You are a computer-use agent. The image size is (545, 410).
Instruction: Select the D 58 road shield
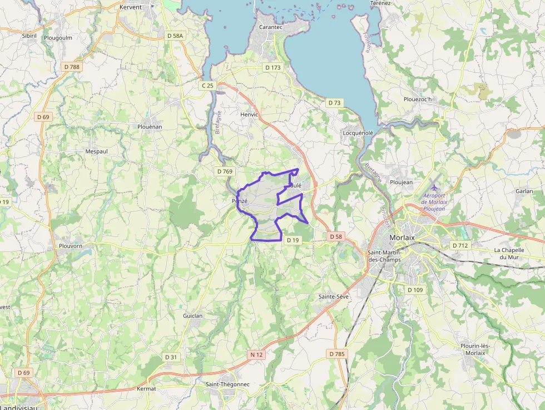pos(335,236)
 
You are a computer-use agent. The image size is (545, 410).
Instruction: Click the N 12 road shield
pos(256,354)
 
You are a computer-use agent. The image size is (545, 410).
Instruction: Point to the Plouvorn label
pos(71,245)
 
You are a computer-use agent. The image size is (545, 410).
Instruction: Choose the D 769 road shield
pos(224,171)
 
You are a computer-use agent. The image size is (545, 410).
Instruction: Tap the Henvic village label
pos(249,115)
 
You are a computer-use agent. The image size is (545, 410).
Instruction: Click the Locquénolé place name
pos(358,133)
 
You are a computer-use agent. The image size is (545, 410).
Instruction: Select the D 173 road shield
pos(273,67)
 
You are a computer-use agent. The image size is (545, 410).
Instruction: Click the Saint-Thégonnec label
pos(227,384)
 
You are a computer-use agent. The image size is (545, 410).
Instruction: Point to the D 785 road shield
pos(336,354)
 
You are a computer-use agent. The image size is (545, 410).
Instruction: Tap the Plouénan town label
pos(150,126)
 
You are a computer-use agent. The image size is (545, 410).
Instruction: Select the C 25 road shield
pos(207,85)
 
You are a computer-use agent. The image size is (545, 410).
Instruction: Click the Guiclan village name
pos(193,315)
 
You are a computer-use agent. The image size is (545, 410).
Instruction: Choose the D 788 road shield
pos(72,67)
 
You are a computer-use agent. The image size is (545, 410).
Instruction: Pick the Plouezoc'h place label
pos(417,99)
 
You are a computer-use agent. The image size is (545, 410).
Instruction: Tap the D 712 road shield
pos(460,245)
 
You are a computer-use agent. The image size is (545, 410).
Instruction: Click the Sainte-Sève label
pos(334,297)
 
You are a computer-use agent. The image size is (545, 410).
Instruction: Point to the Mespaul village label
pos(96,151)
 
